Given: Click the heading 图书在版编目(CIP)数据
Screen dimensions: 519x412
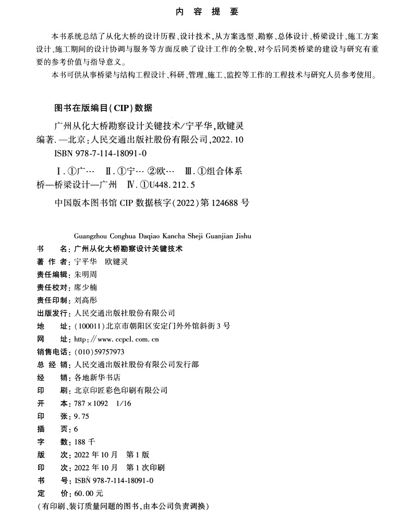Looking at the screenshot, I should tap(103, 108).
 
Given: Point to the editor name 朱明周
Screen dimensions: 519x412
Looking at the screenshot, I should tap(86, 274).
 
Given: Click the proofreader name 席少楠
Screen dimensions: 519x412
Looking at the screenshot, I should tap(86, 287).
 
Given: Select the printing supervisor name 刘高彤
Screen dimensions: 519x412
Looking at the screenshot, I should tap(86, 300).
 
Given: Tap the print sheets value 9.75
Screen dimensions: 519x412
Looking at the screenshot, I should tap(82, 416).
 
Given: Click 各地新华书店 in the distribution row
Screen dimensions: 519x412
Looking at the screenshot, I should tap(98, 378).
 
